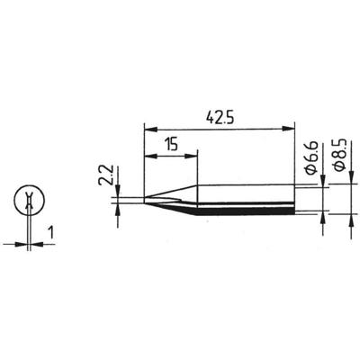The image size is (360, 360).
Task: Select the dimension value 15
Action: tap(170, 142)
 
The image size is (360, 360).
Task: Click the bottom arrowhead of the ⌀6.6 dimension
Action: tap(320, 215)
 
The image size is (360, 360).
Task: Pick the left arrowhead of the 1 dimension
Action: tap(25, 241)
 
